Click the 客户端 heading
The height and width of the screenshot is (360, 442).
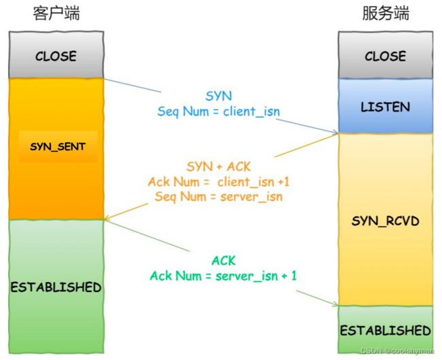click(x=56, y=13)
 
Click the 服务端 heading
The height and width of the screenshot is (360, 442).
click(x=386, y=13)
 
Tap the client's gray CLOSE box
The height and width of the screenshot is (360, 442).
click(x=56, y=54)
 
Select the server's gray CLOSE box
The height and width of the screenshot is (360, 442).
click(x=386, y=54)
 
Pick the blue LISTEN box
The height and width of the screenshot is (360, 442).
click(x=386, y=105)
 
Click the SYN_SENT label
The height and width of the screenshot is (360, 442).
click(x=58, y=146)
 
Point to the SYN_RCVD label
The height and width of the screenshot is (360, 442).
click(x=386, y=221)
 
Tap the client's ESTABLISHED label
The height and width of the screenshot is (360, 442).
click(x=56, y=287)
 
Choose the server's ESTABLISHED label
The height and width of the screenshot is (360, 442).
click(x=386, y=330)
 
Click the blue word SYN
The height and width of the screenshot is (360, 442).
click(x=219, y=96)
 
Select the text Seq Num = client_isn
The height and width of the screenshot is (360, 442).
click(x=219, y=111)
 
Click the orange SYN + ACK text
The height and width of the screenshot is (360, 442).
click(x=218, y=166)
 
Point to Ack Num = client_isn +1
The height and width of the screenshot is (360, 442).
click(x=219, y=181)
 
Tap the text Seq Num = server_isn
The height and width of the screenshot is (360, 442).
click(x=219, y=196)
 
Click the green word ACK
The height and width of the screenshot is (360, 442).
click(x=223, y=260)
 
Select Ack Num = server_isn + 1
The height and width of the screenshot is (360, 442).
click(x=223, y=275)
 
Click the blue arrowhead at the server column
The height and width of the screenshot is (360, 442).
click(x=335, y=132)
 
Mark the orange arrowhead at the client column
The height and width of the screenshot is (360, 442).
click(x=107, y=217)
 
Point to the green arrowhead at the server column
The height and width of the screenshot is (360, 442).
click(x=335, y=304)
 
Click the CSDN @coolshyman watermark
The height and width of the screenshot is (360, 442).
click(x=398, y=350)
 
